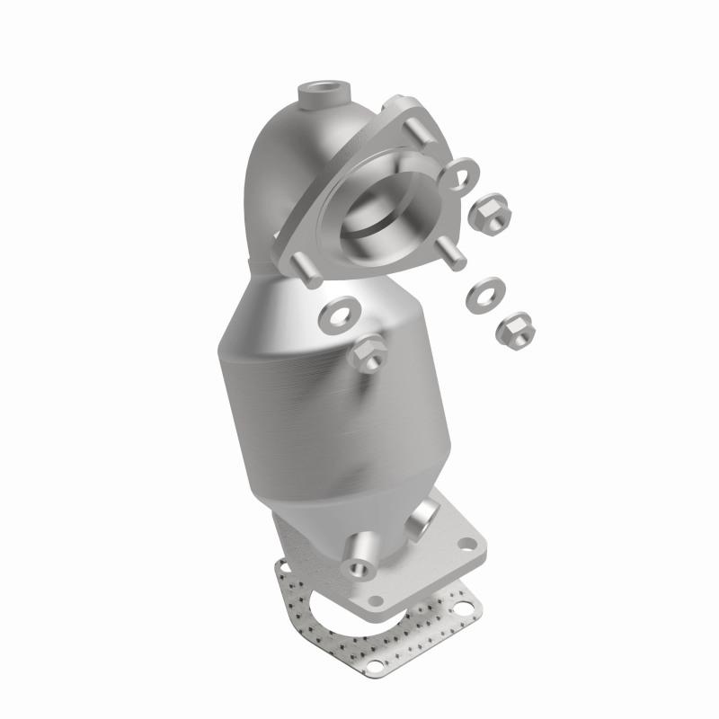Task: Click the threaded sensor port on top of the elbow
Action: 321,92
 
